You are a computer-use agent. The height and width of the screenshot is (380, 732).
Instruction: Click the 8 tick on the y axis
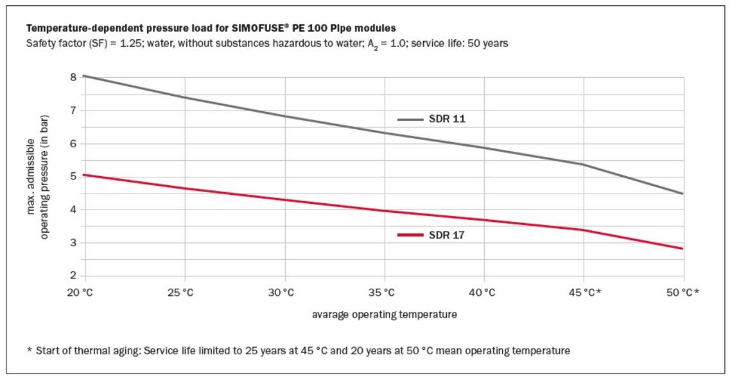coord(73,77)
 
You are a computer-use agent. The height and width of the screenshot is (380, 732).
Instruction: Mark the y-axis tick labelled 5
coord(73,176)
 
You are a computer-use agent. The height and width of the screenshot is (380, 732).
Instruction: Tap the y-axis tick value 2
coord(73,276)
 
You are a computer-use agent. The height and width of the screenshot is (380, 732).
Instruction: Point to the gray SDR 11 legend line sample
coord(410,119)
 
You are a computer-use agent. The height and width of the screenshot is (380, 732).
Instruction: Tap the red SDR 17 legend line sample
coord(410,235)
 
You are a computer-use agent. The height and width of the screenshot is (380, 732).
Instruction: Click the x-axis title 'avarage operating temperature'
coord(385,315)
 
